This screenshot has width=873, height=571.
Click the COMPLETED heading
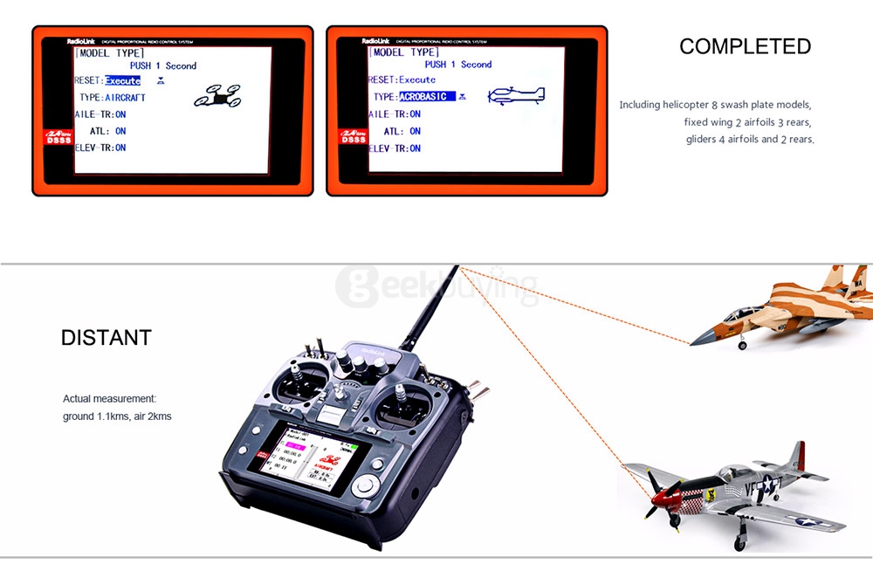click(745, 46)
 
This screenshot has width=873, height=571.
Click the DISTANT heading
click(106, 338)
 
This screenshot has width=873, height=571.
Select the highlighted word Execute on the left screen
click(122, 81)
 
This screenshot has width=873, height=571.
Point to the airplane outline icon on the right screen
click(516, 94)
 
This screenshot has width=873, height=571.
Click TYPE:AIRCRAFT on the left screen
click(112, 98)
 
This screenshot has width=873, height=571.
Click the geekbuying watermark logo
click(436, 285)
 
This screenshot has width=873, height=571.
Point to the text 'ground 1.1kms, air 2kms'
click(117, 416)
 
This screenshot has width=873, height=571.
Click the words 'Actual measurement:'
click(109, 399)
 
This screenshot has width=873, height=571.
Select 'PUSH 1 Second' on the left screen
click(163, 65)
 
